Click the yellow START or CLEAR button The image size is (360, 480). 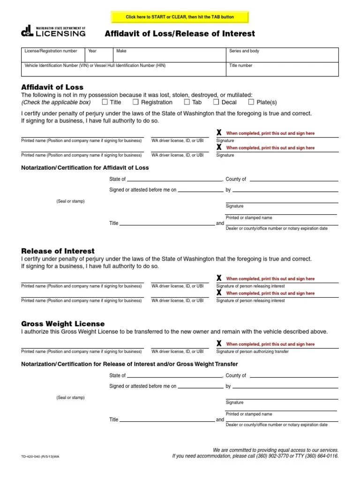coord(180,17)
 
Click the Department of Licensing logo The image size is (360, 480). coord(53,31)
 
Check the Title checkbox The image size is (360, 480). coord(105,102)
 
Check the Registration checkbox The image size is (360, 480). coord(136,102)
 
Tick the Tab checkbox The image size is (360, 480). coord(187,102)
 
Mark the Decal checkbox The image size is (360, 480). coord(216,102)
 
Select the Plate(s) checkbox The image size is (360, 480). coord(251,102)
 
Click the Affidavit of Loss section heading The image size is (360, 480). coord(52,87)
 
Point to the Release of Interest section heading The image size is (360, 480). coord(58,251)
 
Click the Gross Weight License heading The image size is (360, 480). coord(63,324)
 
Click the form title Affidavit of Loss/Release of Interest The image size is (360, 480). coord(180,33)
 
